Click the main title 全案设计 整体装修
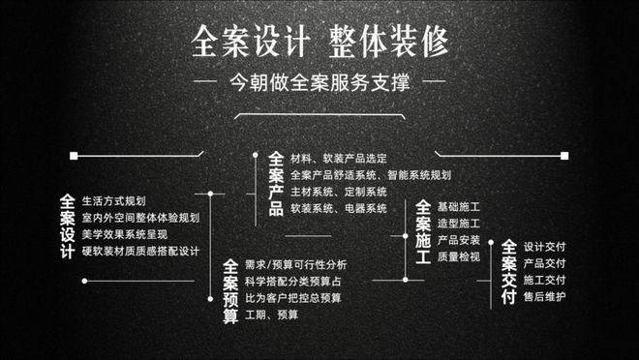pyautogui.click(x=319, y=42)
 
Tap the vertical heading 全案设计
pyautogui.click(x=67, y=226)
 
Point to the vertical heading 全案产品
pyautogui.click(x=276, y=183)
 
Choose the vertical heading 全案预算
pyautogui.click(x=230, y=289)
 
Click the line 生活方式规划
pyautogui.click(x=114, y=201)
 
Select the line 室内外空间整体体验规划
pyautogui.click(x=140, y=218)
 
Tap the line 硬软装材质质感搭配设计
pyautogui.click(x=140, y=252)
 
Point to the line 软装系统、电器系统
pyautogui.click(x=338, y=208)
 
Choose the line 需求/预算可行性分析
pyautogui.click(x=295, y=264)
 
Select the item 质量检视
pyautogui.click(x=459, y=256)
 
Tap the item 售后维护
pyautogui.click(x=544, y=296)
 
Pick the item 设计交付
pyautogui.click(x=544, y=246)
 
